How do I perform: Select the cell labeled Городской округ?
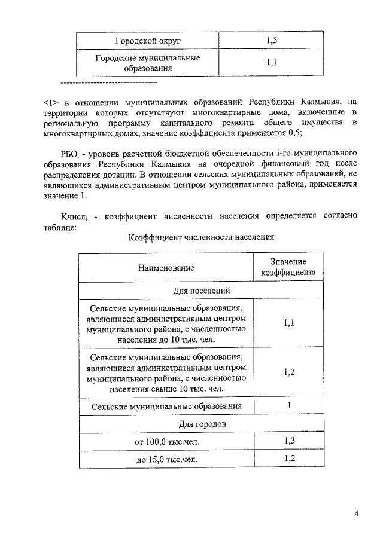pos(148,41)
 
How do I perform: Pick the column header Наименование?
pos(166,268)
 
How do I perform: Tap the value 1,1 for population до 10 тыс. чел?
pos(288,323)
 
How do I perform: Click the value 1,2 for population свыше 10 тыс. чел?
pos(288,372)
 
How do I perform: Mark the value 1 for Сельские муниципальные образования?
pos(288,406)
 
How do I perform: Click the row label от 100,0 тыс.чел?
pos(166,442)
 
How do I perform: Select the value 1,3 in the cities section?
pos(288,441)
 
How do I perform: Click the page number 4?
pos(356,513)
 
